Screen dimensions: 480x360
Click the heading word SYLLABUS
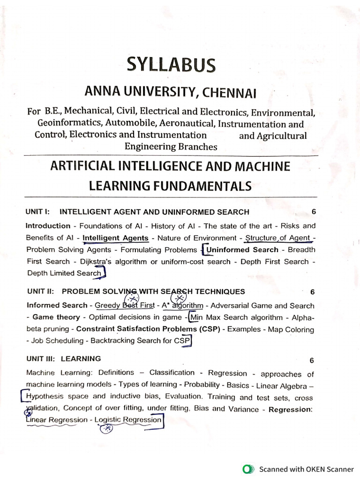pyautogui.click(x=171, y=65)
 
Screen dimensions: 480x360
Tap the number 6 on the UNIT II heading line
pyautogui.click(x=312, y=292)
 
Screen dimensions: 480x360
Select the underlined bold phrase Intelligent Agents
pyautogui.click(x=115, y=238)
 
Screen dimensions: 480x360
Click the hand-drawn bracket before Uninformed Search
pyautogui.click(x=202, y=250)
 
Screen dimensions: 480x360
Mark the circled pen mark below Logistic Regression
pyautogui.click(x=107, y=428)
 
